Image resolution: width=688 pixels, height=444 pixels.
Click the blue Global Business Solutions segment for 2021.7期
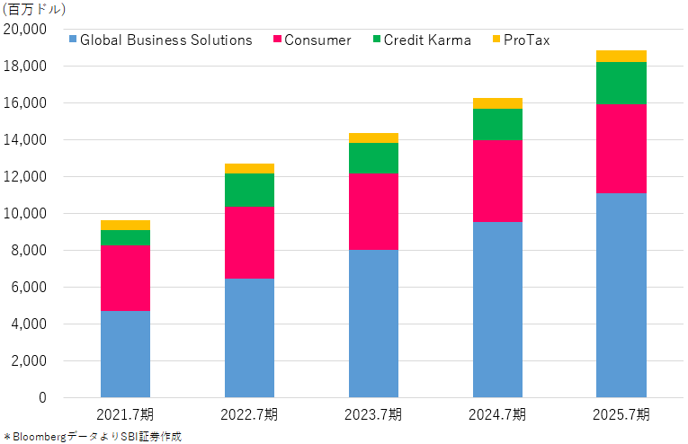pos(126,354)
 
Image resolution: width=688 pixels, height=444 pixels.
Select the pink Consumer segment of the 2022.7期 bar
pos(250,243)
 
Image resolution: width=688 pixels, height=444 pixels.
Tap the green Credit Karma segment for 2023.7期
pos(374,158)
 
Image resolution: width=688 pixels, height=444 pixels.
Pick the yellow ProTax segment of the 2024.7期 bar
pos(498,103)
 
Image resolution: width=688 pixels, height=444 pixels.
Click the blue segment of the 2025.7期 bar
pos(621,296)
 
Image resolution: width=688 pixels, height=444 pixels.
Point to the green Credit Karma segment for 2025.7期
pos(621,84)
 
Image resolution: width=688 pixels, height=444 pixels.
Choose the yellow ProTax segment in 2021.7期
pos(126,226)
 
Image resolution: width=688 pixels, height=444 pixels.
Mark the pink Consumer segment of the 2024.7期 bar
pos(498,181)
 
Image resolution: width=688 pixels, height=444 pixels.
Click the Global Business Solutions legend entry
pos(161,40)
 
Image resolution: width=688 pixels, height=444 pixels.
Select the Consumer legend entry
pos(312,40)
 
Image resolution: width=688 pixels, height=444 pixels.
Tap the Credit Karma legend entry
pos(422,40)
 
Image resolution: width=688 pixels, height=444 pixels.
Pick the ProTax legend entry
pos(522,40)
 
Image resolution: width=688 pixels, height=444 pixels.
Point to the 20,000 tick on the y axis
pos(25,30)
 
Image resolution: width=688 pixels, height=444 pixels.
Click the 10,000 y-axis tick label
pos(25,213)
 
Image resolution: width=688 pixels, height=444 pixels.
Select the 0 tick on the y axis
pos(42,397)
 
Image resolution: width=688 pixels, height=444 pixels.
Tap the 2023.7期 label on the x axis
pos(373,414)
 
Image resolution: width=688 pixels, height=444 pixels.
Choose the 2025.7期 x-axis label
pos(621,414)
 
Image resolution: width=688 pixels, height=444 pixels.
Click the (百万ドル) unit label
pos(34,9)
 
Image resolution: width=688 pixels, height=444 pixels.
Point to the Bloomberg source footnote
pos(93,437)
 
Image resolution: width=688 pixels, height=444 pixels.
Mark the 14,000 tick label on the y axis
pos(25,140)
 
